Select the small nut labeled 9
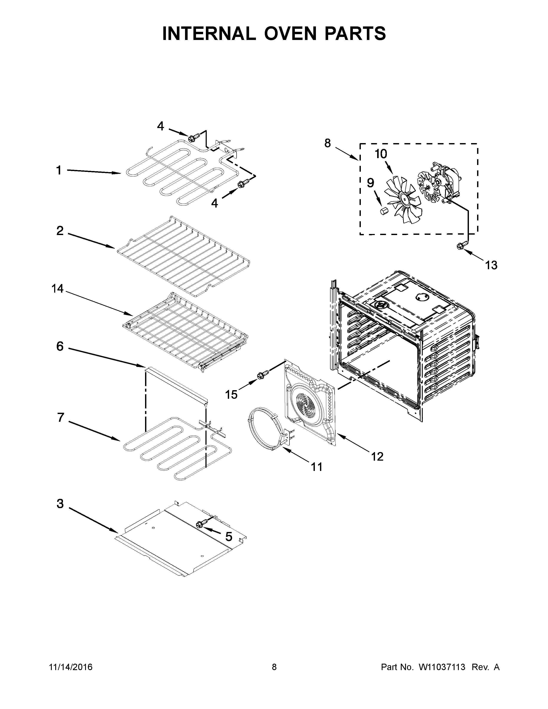[383, 211]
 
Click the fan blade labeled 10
[404, 201]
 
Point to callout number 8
[327, 143]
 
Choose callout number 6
[60, 346]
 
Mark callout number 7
[60, 417]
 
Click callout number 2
[60, 231]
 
